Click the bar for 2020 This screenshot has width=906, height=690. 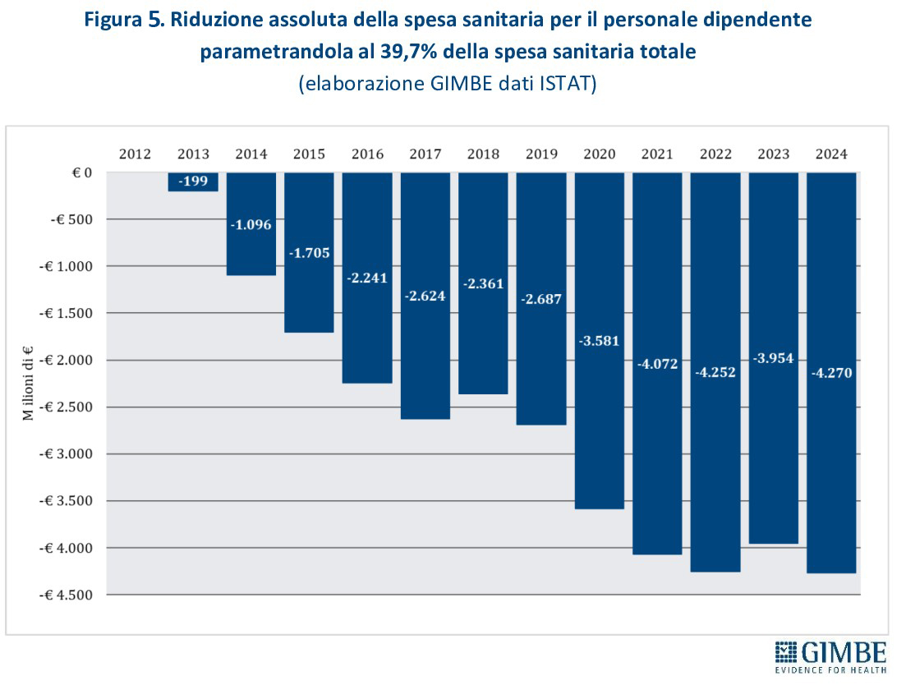pos(599,411)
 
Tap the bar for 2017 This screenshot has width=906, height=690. pos(425,361)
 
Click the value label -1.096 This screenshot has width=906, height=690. pos(251,223)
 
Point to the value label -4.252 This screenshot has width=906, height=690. pos(715,371)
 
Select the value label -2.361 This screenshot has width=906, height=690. pos(483,283)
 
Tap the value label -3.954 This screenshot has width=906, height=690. pos(774,358)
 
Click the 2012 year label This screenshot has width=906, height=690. pos(135,154)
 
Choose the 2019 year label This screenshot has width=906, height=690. pos(541,154)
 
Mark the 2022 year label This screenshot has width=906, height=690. pos(715,154)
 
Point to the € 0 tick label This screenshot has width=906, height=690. pos(80,172)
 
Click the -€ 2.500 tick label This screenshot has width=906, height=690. pos(67,407)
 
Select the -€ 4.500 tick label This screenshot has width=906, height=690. pos(67,594)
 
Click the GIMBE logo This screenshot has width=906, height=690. pos(830,656)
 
